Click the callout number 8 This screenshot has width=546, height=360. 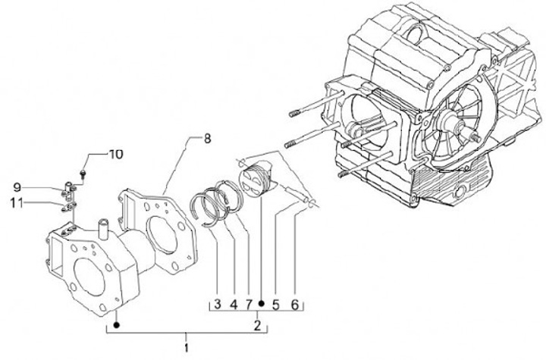[207, 139]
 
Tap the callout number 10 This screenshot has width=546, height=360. [116, 155]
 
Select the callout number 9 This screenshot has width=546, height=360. [17, 188]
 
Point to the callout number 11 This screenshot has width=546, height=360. [14, 202]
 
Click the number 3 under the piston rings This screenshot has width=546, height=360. [218, 304]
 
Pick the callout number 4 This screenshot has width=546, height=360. [234, 305]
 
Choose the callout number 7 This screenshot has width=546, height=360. [249, 305]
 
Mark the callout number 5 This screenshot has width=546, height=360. [276, 305]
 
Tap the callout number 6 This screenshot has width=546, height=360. [295, 305]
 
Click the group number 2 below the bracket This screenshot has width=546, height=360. [257, 326]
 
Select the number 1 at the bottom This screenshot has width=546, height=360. [187, 347]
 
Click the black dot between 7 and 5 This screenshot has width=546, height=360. [262, 304]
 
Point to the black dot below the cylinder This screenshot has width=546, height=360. [117, 325]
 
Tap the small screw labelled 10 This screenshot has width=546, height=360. [83, 173]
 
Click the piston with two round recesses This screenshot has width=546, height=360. [255, 180]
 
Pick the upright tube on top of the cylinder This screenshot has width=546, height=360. [104, 229]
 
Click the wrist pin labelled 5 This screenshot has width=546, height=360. [297, 194]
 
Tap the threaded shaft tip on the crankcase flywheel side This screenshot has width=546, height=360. [476, 139]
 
